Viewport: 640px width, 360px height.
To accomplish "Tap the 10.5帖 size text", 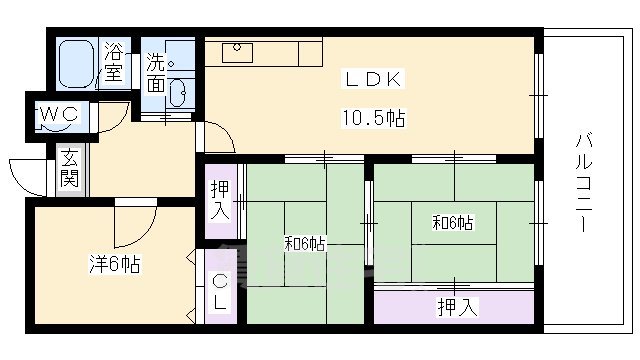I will click(x=374, y=118).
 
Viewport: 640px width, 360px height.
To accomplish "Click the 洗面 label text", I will click(x=157, y=72).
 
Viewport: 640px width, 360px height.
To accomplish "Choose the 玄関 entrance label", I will click(x=69, y=169).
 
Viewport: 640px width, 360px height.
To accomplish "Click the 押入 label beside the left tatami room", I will click(x=220, y=201).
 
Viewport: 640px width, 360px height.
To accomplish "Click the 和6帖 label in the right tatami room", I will click(x=452, y=223).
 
